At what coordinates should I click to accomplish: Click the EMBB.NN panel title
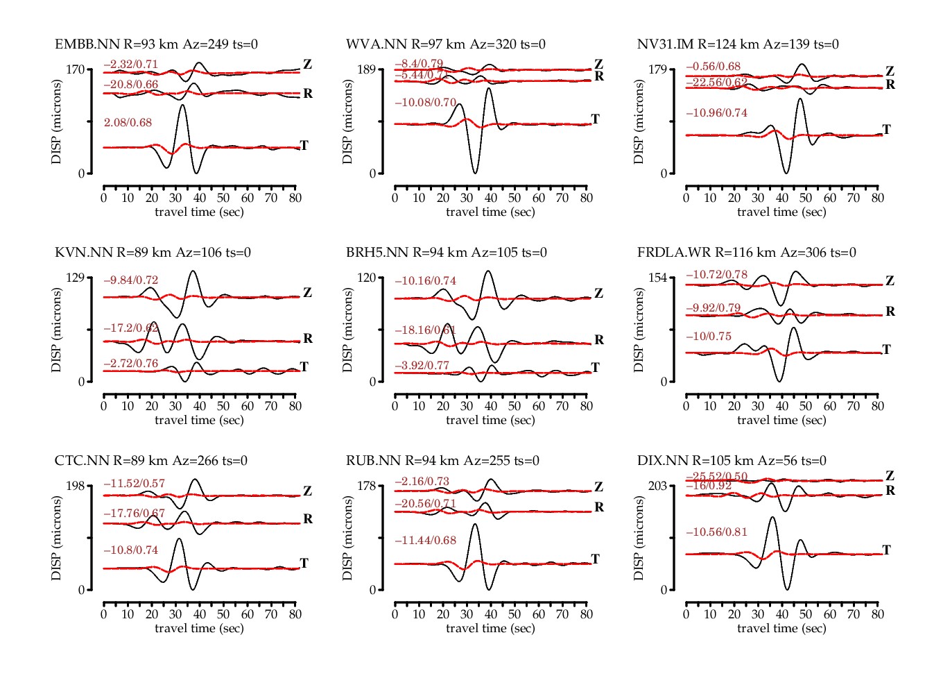tap(156, 44)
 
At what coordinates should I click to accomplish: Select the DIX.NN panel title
tap(732, 461)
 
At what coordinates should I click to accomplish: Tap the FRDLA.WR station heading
tap(746, 253)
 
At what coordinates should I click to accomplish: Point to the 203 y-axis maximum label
tap(657, 486)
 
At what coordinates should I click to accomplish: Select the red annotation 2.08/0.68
tap(128, 123)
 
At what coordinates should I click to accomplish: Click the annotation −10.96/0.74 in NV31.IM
tap(716, 113)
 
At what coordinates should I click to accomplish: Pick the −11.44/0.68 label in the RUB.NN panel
tap(425, 541)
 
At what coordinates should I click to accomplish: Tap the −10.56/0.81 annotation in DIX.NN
tap(716, 532)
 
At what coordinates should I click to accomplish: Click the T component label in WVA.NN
tap(595, 119)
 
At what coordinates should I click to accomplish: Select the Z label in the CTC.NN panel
tap(307, 491)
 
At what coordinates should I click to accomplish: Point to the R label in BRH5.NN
tap(599, 340)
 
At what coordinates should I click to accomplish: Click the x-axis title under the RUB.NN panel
tap(490, 628)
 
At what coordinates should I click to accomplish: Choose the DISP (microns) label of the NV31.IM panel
tap(639, 122)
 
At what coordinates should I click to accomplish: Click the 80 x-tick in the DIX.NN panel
tap(877, 614)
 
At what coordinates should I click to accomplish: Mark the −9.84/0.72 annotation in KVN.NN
tap(130, 280)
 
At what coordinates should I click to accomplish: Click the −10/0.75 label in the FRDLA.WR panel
tap(708, 337)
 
